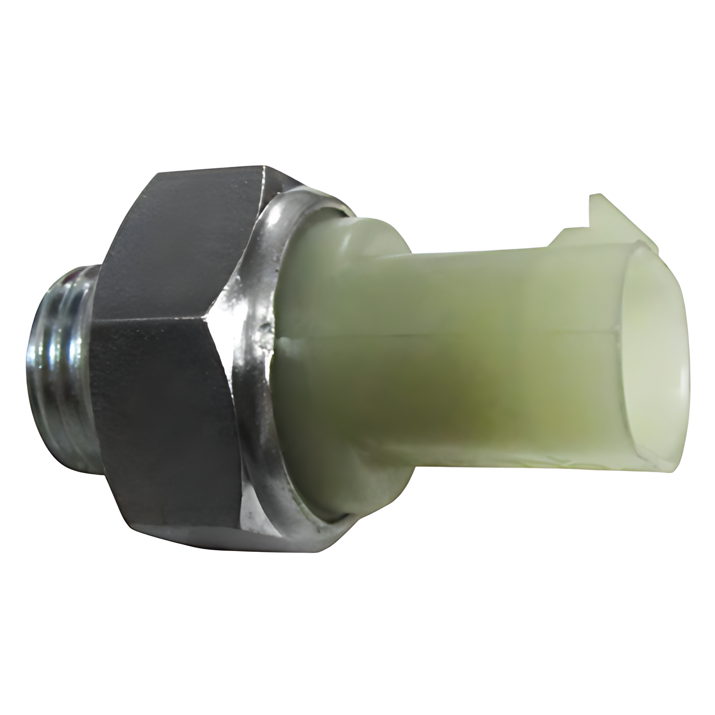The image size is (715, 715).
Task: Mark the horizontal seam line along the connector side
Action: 447,336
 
